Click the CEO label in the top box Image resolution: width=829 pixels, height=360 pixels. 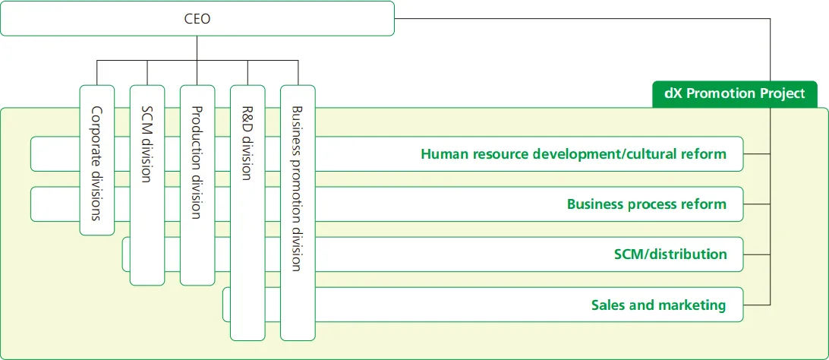pos(197,19)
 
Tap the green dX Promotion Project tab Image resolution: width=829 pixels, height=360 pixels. pos(734,93)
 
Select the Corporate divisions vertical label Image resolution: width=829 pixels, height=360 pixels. pos(96,163)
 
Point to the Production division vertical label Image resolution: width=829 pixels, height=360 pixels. pos(197,163)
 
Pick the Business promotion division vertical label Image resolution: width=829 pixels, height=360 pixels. pos(297,188)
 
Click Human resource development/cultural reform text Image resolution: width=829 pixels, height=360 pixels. pos(573,154)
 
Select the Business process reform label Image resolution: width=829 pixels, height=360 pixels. pos(646,204)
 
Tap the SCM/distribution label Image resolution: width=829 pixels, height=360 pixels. pos(670,254)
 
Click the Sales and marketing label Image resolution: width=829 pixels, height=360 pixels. pos(658,305)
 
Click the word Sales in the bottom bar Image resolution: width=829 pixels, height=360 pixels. pos(608,305)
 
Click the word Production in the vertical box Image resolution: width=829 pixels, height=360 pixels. pos(197,136)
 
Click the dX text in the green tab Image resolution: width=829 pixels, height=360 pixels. pos(673,93)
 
